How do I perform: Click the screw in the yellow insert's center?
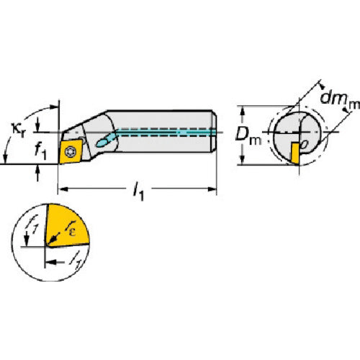72,150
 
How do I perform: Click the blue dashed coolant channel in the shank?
166,132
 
